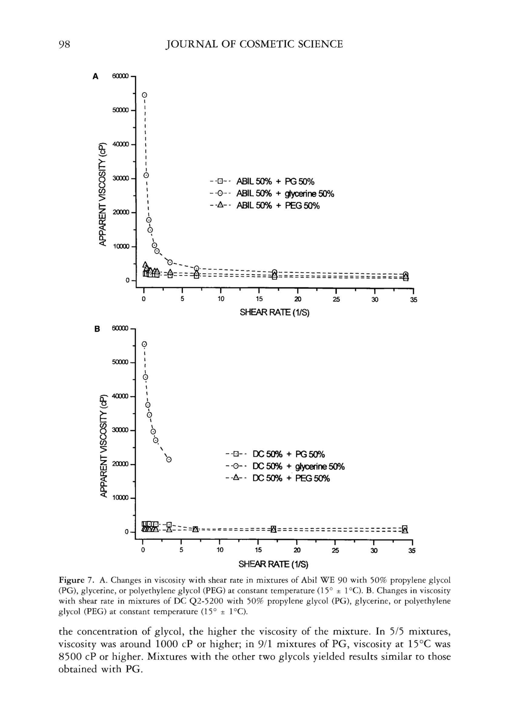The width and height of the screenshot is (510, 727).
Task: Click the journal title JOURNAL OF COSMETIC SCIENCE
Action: tap(254, 44)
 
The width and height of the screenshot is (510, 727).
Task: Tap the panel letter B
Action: tap(97, 329)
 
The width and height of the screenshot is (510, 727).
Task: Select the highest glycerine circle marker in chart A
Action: tap(145, 95)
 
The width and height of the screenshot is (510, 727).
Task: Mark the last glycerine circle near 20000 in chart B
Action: tap(169, 459)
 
